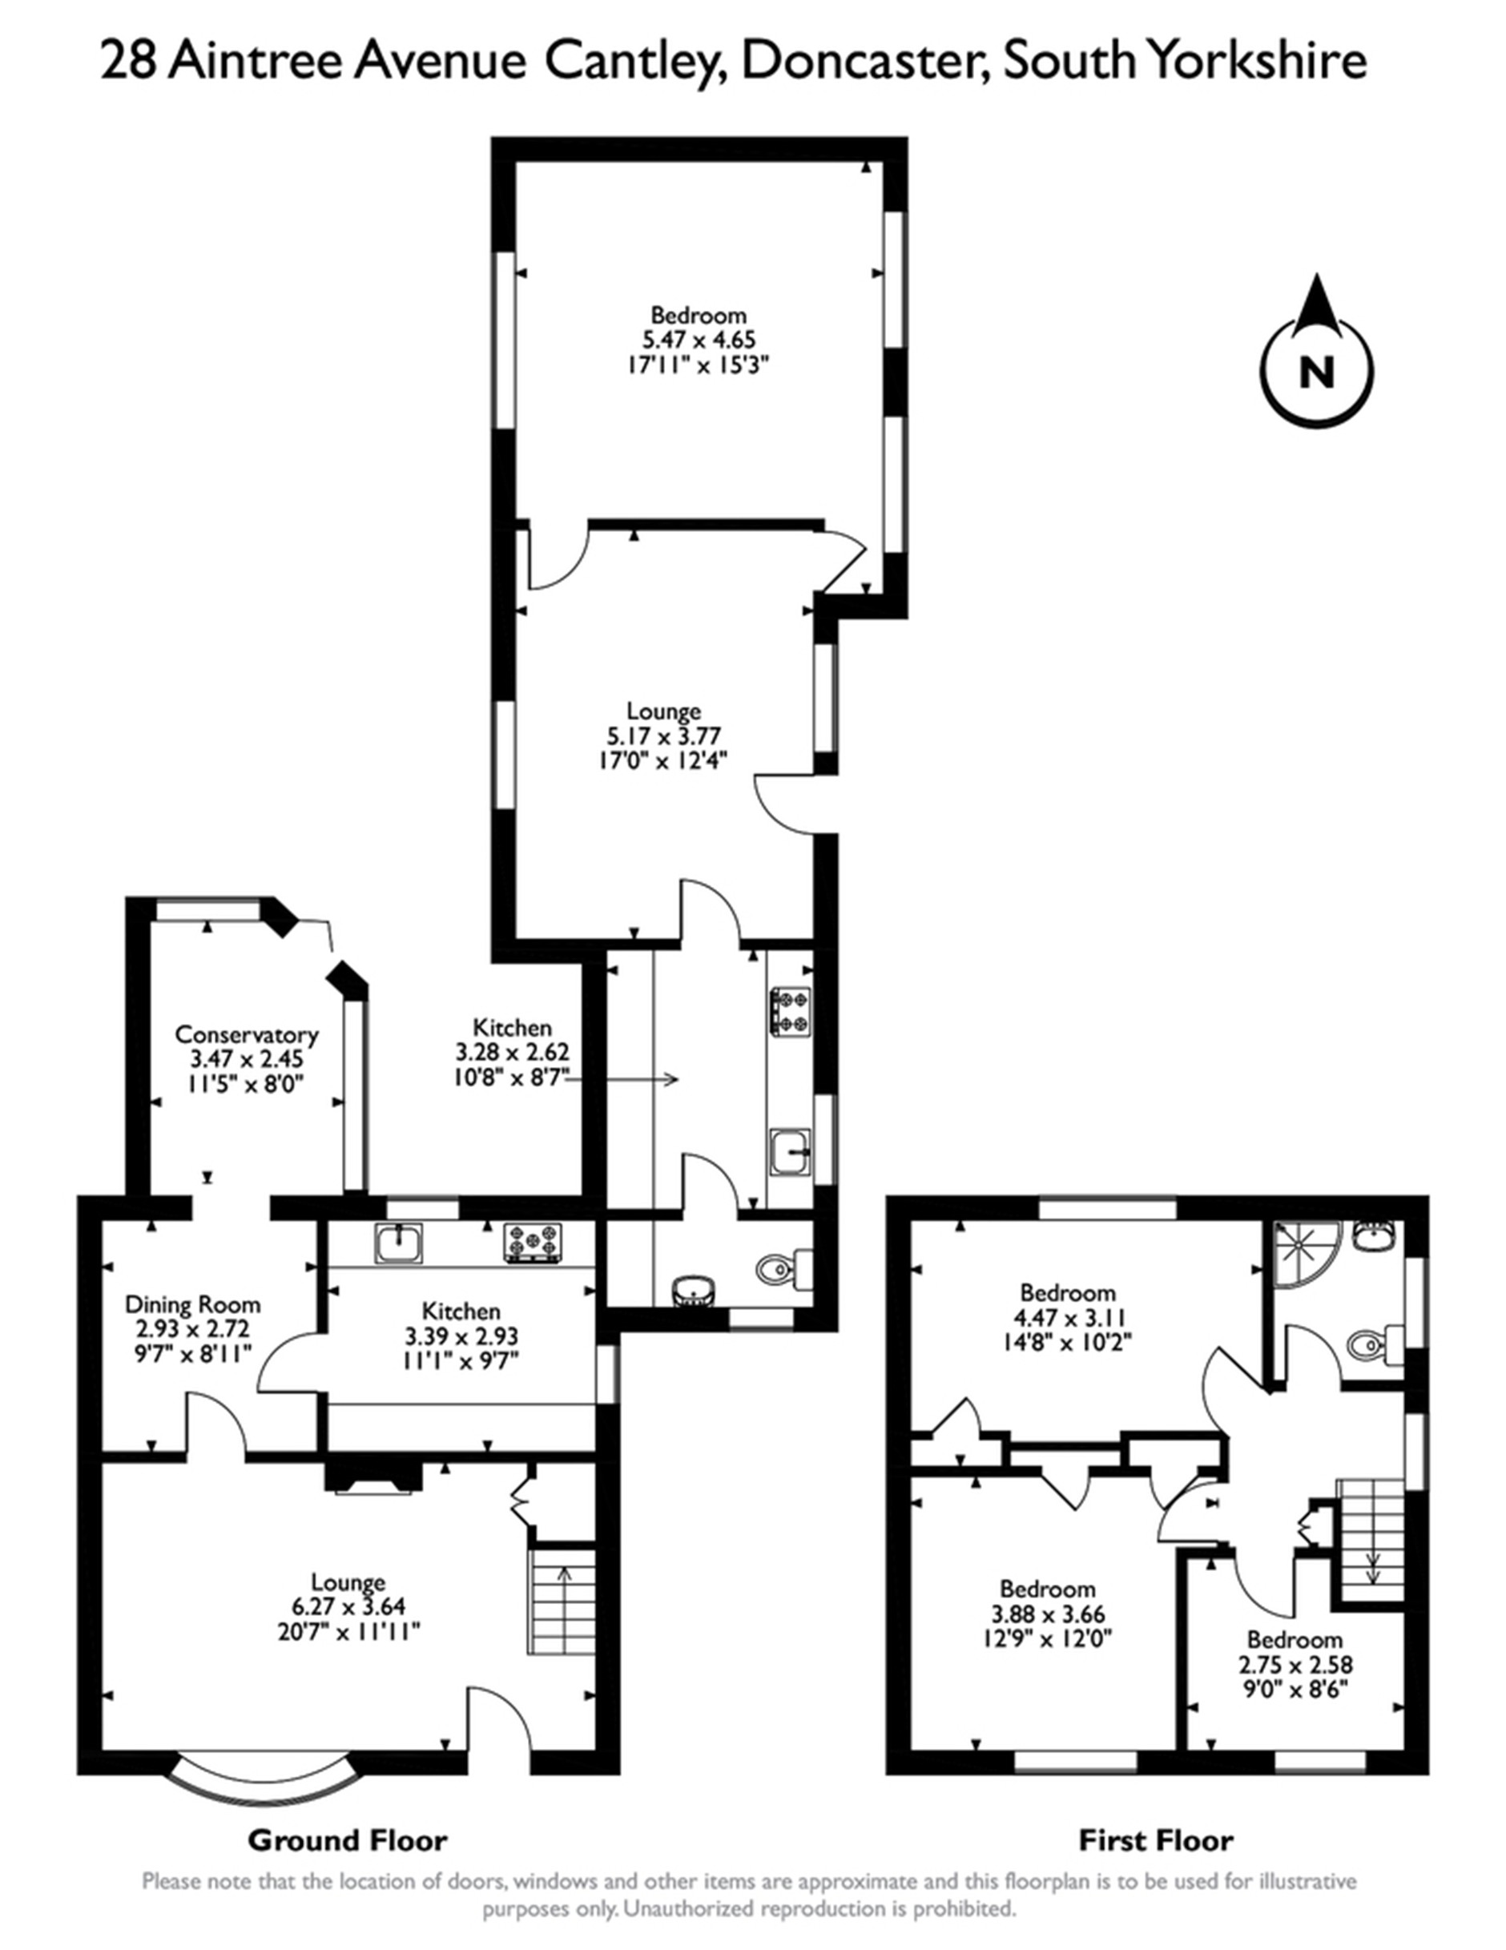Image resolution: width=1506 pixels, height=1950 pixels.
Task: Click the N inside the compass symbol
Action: (1316, 373)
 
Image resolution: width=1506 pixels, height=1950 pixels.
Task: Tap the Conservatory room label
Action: (247, 1035)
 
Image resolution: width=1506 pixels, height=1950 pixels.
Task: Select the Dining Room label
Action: (192, 1304)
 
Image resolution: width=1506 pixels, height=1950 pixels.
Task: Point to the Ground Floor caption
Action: (348, 1840)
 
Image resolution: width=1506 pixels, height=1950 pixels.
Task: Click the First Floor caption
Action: (1155, 1840)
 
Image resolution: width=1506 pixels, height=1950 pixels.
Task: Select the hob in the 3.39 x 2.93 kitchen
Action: (533, 1243)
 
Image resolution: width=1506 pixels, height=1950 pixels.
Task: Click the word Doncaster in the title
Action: (865, 62)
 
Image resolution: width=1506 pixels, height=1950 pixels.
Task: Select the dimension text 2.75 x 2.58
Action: (1295, 1664)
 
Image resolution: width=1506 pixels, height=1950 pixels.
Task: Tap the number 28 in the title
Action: (130, 62)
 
